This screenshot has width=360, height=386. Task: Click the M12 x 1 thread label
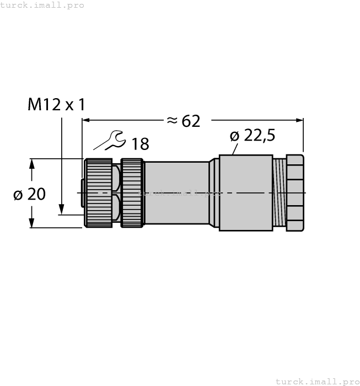57,104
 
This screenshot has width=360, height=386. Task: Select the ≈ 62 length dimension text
183,121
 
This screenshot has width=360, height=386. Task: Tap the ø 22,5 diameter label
251,136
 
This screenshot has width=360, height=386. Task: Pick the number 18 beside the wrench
140,144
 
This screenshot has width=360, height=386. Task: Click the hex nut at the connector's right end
295,193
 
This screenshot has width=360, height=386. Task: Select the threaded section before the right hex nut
280,193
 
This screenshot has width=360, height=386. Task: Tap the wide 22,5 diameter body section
246,193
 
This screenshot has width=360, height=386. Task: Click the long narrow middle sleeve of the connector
176,193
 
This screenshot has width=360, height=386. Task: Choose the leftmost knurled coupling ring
98,193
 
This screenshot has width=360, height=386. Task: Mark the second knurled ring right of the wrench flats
132,193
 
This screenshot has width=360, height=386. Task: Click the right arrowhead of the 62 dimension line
300,120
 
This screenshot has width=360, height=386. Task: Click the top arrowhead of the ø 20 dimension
32,163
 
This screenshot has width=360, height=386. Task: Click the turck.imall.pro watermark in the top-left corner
42,5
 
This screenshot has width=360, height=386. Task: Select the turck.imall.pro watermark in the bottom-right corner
317,381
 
